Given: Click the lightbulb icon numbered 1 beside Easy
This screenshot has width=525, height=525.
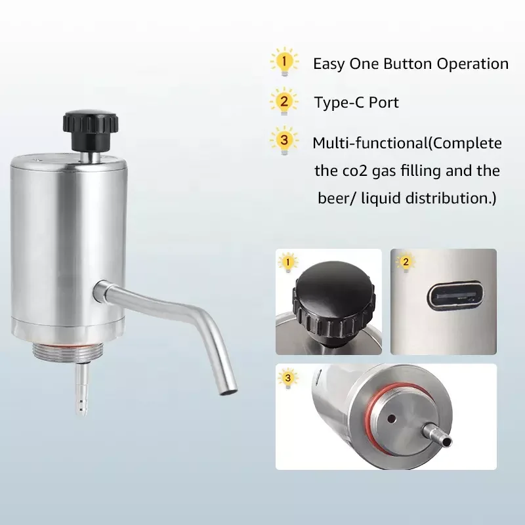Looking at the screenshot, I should (283, 63).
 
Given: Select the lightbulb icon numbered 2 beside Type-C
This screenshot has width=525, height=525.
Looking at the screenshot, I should (283, 102).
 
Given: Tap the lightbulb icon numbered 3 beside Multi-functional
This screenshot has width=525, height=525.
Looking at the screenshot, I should (283, 141).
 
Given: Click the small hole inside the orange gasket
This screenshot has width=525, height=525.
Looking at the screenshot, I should (391, 418).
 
